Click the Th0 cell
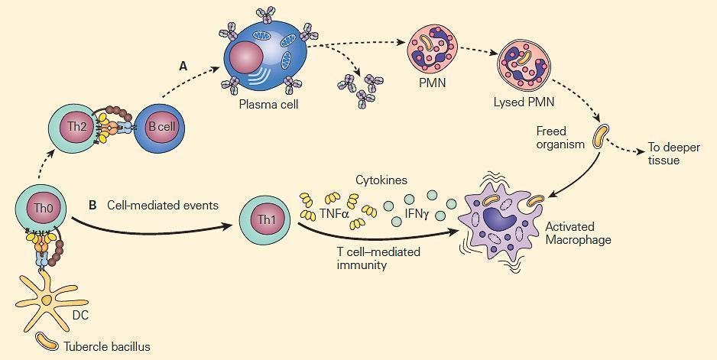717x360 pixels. click(41, 207)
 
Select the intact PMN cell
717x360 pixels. click(431, 47)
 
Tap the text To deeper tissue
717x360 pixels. click(663, 154)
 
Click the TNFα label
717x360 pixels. click(334, 214)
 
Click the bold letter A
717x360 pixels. click(183, 66)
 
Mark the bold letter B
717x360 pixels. click(92, 205)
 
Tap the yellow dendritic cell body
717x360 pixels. click(47, 298)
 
